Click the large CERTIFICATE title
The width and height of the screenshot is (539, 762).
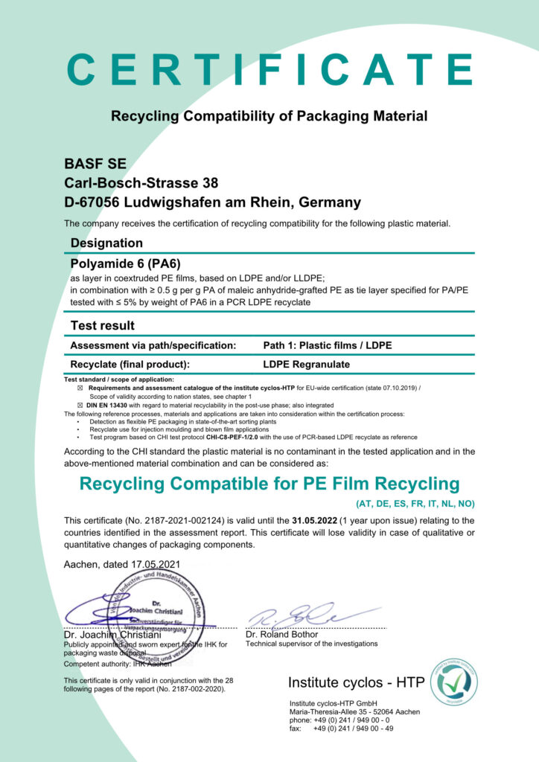[269, 69]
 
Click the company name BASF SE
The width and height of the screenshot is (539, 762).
[95, 164]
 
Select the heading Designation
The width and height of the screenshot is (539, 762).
[106, 243]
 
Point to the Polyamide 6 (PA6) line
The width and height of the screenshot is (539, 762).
[125, 263]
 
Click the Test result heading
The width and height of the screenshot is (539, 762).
[103, 325]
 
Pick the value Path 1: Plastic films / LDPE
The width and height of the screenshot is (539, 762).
[328, 345]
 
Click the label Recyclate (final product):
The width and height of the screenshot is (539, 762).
[130, 365]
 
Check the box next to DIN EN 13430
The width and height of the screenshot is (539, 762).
[81, 405]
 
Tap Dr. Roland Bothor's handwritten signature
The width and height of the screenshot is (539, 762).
[298, 615]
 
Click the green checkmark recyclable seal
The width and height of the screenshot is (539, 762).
[453, 682]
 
